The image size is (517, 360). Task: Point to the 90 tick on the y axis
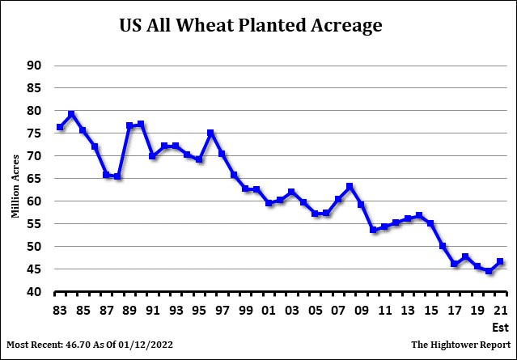36,66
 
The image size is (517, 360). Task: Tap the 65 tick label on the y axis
36,179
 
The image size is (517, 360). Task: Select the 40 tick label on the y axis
36,292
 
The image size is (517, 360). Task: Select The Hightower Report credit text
457,345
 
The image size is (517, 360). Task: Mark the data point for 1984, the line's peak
71,114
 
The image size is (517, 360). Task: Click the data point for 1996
210,133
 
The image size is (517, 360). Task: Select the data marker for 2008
350,187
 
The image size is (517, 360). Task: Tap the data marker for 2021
500,261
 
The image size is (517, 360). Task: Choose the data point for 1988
118,176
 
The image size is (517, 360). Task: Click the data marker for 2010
373,230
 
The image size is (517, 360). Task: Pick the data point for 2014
419,215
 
